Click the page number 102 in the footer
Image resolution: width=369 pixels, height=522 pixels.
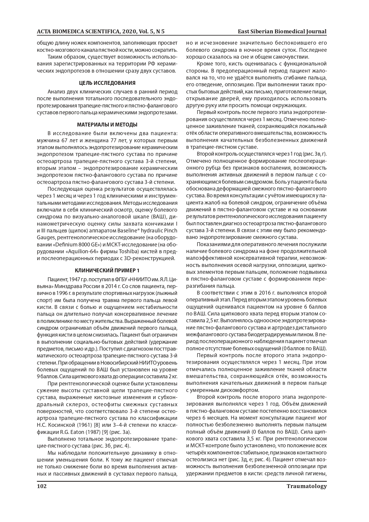tap(42, 486)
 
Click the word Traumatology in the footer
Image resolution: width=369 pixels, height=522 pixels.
tap(307, 486)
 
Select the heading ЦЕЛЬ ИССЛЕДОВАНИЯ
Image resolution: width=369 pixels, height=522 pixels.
tap(107, 83)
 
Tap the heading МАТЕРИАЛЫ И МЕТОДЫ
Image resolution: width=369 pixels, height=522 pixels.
tap(107, 124)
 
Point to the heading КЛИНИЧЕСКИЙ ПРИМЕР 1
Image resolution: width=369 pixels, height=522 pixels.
tap(107, 270)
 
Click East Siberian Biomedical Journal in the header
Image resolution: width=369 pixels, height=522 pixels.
tap(282, 32)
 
